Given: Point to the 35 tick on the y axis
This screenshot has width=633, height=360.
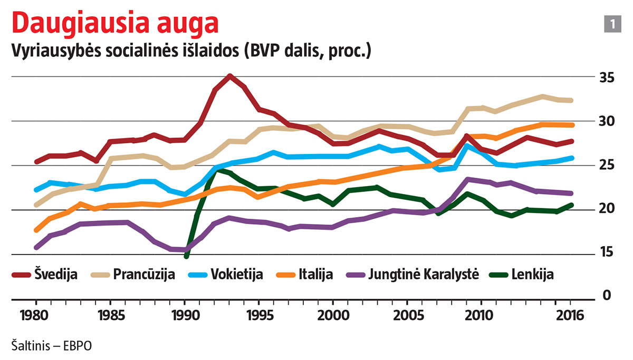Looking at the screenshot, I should [607, 78].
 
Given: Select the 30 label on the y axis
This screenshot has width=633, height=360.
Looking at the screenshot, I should [607, 122].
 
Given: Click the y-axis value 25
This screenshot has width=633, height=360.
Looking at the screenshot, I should [607, 166].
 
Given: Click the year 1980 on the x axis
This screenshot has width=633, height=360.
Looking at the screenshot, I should [35, 317].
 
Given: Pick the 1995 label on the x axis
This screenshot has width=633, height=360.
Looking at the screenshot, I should [259, 317].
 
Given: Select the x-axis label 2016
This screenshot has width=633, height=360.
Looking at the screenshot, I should [570, 317].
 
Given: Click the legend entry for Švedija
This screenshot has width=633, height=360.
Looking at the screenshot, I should [56, 275].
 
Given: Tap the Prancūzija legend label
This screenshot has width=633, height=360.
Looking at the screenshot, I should [143, 275].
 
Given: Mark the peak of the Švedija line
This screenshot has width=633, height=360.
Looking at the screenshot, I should [229, 76].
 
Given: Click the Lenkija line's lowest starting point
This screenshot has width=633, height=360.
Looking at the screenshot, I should [186, 256].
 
